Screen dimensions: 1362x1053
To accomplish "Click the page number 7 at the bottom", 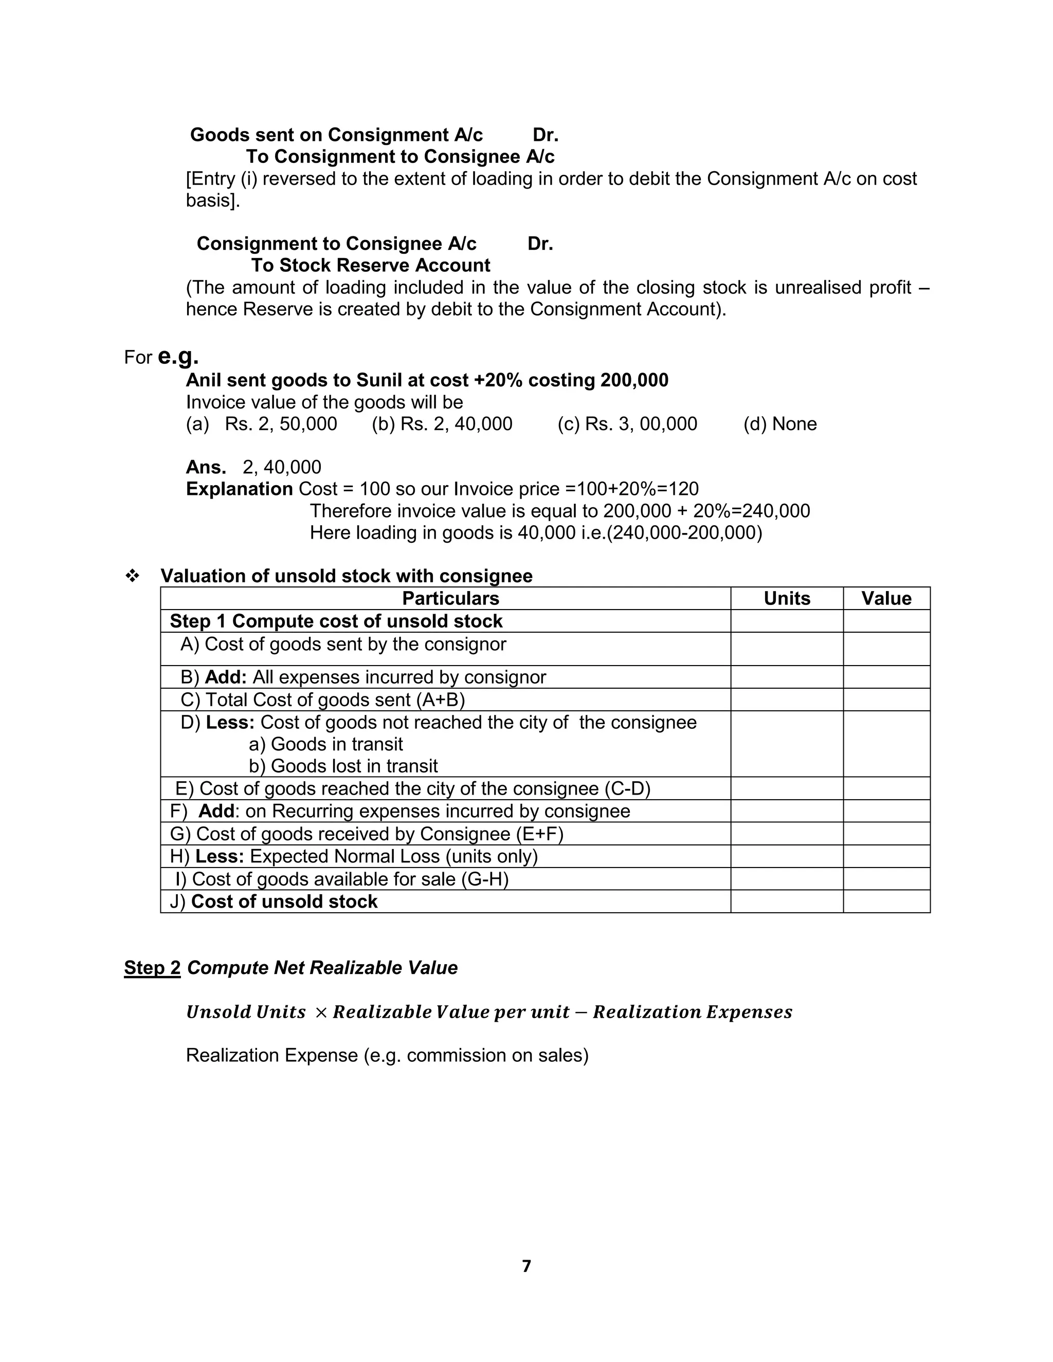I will (x=526, y=1266).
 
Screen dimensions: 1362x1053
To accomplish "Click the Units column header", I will (x=786, y=598).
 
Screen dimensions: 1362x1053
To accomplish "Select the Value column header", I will (x=886, y=598).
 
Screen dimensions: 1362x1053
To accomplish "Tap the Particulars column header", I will (x=450, y=598).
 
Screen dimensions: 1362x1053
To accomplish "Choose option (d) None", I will (x=780, y=424).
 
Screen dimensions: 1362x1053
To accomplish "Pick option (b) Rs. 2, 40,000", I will (x=442, y=424).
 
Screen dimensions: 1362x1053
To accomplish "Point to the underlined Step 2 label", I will (x=152, y=967).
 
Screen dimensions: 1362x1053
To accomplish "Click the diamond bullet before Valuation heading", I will (x=132, y=576).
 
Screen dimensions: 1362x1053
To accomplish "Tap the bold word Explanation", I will (x=239, y=489).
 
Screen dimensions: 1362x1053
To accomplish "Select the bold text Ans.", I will (x=206, y=467).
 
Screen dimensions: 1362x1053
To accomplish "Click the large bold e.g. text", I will (x=178, y=356).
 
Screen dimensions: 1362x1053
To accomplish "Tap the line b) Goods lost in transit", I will (x=343, y=766).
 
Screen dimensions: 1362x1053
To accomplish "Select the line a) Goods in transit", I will (x=325, y=744).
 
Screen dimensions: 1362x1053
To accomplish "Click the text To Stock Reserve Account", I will (x=371, y=266).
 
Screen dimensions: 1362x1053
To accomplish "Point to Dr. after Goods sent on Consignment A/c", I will (x=545, y=135).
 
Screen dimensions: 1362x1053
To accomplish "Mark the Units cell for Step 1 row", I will (x=786, y=621).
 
